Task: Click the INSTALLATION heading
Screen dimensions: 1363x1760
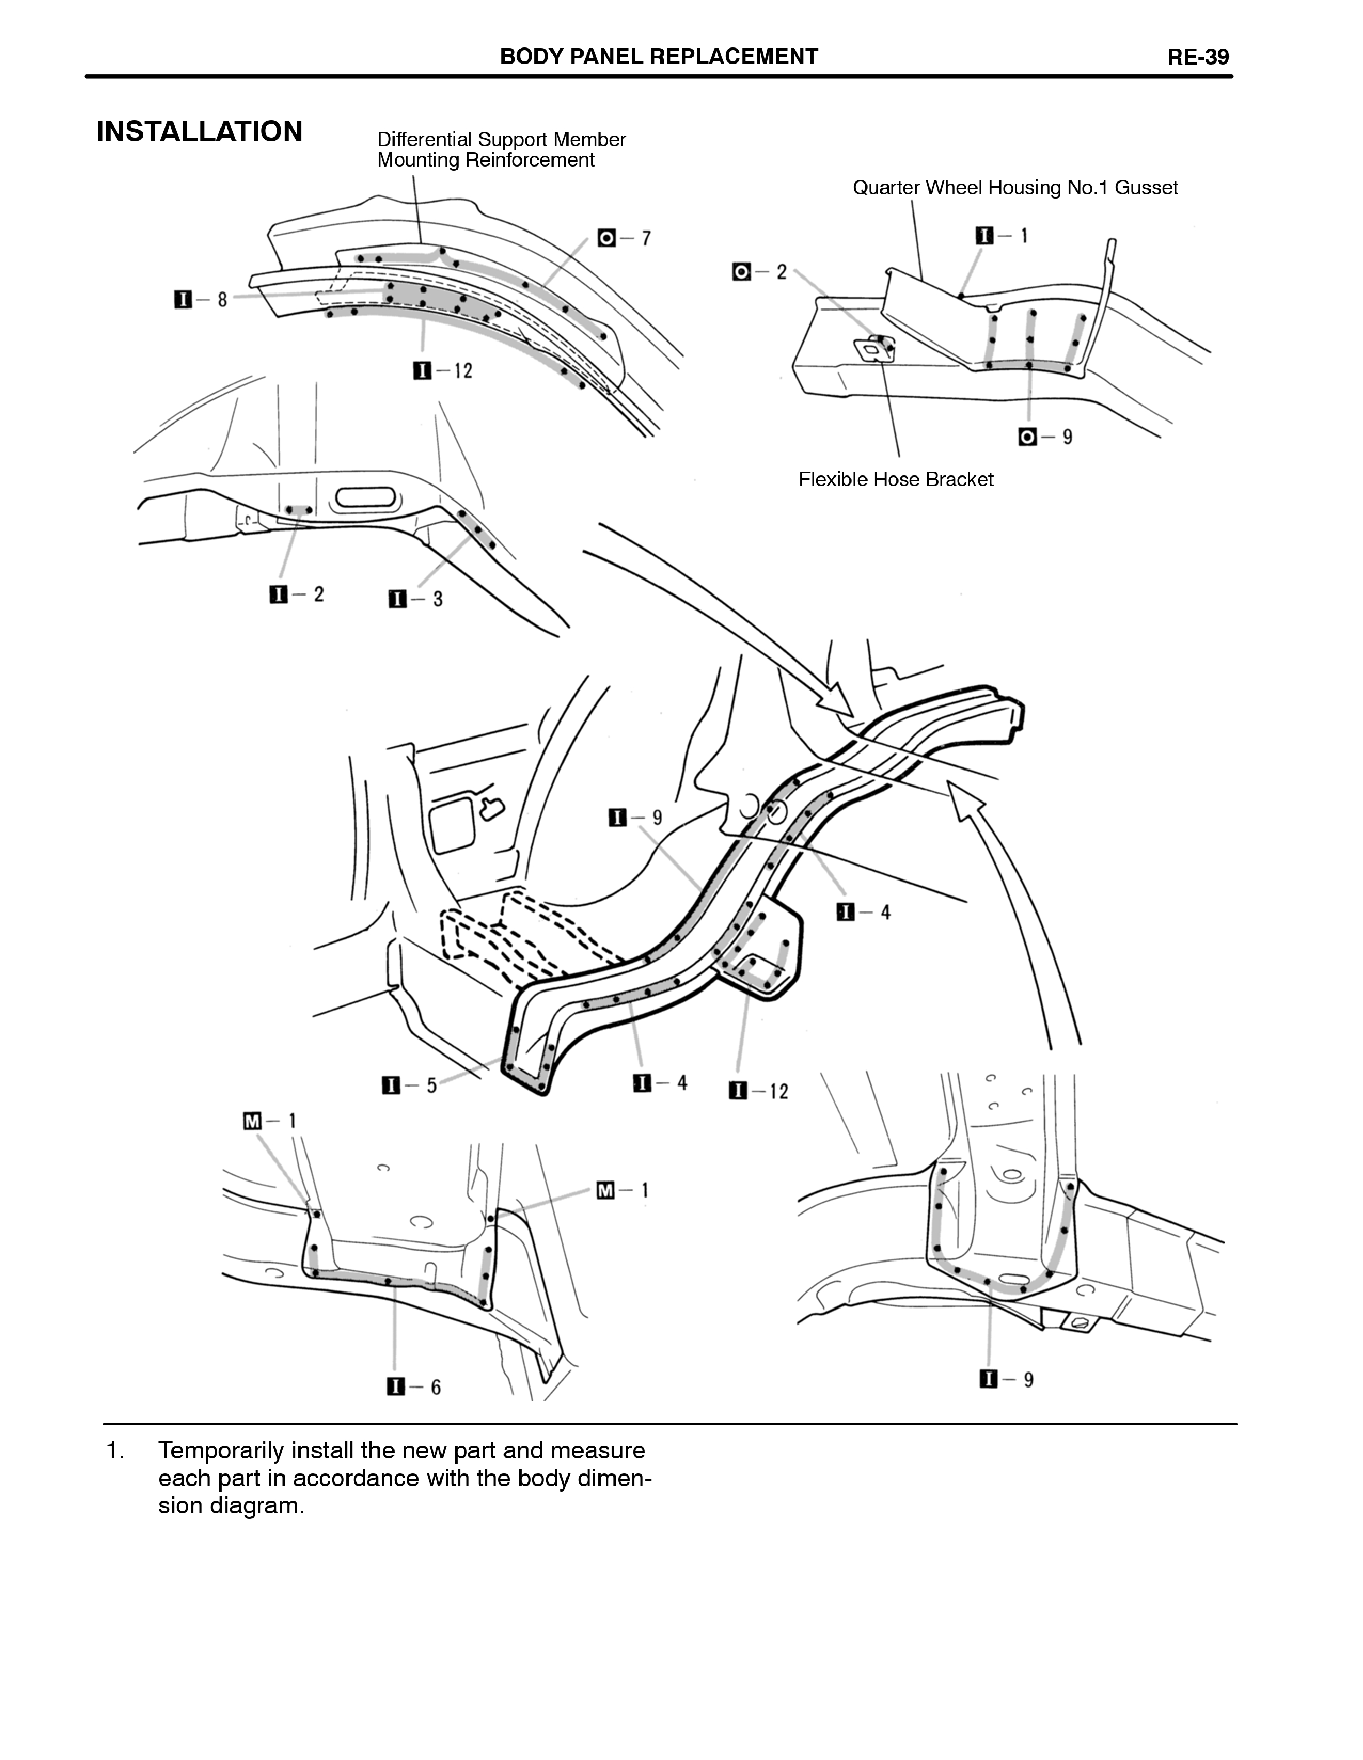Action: click(x=199, y=131)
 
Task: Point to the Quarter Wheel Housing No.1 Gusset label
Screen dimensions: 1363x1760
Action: click(x=1015, y=188)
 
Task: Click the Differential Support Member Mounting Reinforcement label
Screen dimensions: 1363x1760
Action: click(x=501, y=150)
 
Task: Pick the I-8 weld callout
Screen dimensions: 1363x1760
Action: click(x=201, y=300)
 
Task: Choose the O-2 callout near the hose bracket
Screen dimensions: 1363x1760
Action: click(x=760, y=272)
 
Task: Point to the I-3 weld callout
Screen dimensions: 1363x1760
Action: click(x=416, y=599)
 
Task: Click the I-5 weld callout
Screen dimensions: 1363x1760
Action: click(x=410, y=1085)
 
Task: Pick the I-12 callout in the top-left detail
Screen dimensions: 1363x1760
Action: click(x=443, y=371)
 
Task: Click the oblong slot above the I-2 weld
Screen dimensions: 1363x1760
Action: click(x=367, y=497)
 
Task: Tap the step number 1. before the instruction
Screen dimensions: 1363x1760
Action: click(x=115, y=1450)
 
